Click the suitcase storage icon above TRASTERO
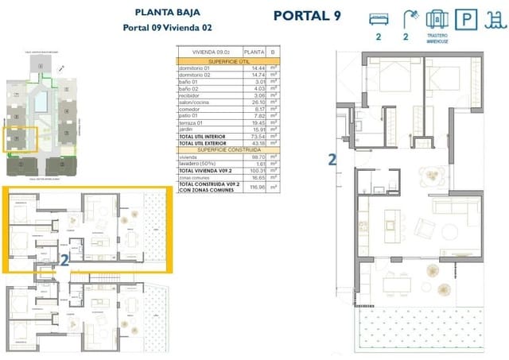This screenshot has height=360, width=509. (435, 18)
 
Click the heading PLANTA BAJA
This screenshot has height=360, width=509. (168, 12)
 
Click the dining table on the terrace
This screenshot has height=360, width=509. (396, 285)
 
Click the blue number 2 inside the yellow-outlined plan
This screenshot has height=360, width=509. (64, 258)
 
